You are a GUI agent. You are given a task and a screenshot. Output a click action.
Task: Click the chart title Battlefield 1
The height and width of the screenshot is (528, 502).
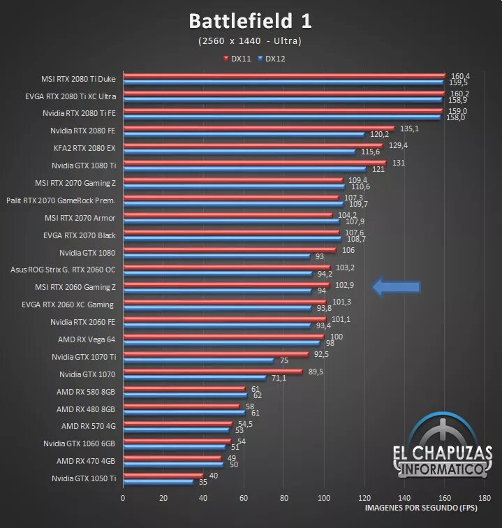[x=250, y=21]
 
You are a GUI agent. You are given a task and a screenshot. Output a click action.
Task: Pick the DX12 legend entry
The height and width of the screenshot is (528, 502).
[x=272, y=59]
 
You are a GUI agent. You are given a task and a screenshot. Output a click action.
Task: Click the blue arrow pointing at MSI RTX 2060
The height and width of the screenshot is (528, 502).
[x=396, y=286]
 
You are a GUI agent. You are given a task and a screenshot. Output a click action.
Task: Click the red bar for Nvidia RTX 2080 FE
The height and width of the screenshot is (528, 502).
[x=258, y=129]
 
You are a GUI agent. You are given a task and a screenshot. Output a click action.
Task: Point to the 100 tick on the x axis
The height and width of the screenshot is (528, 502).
[x=324, y=498]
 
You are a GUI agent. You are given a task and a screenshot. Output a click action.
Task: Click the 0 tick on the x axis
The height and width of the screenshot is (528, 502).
[x=123, y=498]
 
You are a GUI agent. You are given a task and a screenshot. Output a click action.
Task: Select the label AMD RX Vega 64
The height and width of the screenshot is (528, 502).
[x=87, y=339]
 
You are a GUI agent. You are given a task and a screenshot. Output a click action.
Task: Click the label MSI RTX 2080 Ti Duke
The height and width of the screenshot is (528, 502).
[x=78, y=79]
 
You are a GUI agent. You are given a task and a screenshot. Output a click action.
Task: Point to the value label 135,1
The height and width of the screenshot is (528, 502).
[x=408, y=129]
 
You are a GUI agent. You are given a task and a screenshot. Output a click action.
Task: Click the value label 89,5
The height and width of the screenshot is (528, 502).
[x=316, y=372]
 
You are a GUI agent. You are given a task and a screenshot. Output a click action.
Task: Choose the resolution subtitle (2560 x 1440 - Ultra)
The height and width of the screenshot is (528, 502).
[x=250, y=41]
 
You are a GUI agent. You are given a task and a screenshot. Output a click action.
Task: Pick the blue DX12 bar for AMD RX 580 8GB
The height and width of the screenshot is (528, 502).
[x=185, y=395]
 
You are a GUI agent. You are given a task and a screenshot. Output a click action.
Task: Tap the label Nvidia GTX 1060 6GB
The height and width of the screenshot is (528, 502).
[x=79, y=443]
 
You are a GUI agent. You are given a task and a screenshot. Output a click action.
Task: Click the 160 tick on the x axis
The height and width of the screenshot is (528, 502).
[x=445, y=498]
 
